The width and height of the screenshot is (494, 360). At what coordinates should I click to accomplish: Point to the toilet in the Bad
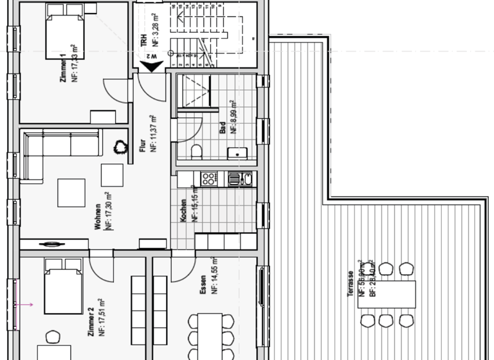197,151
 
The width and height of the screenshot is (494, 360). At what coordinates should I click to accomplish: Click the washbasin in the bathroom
237,153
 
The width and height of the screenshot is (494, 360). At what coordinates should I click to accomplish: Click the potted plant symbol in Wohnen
120,147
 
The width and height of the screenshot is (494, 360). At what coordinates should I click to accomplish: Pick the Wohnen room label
98,217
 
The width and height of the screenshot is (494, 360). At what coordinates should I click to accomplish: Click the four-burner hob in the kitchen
208,179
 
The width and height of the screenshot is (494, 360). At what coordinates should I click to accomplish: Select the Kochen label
184,210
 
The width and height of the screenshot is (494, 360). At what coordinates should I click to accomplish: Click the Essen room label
203,283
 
